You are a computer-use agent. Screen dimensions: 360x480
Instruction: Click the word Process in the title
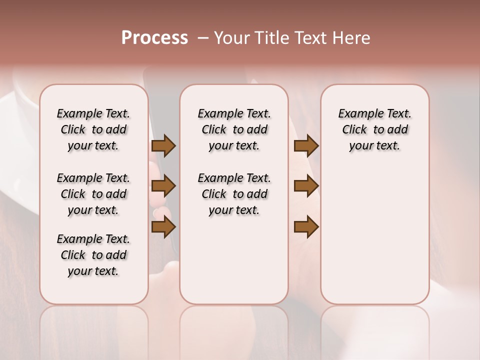tap(154, 38)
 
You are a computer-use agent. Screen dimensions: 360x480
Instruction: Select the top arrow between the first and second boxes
tap(163, 145)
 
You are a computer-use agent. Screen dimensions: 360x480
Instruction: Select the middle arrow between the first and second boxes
tap(163, 186)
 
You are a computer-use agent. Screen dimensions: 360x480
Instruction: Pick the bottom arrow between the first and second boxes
tap(163, 227)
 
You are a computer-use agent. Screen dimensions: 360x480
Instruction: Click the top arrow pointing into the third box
tap(306, 145)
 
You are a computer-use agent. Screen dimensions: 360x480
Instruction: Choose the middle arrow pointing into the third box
tap(306, 186)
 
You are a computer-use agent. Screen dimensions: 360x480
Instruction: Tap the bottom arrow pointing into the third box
tap(306, 227)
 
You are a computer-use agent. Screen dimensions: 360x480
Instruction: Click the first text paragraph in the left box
tap(93, 129)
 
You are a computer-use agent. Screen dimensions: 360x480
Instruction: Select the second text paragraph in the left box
tap(93, 194)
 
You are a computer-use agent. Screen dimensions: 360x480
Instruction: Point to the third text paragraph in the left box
tap(93, 255)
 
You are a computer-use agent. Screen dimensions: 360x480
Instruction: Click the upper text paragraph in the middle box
tap(234, 129)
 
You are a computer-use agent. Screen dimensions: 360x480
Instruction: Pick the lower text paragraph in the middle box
tap(234, 194)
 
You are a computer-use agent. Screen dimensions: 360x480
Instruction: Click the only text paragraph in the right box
tap(374, 129)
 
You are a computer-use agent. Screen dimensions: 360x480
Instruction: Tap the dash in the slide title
tap(203, 38)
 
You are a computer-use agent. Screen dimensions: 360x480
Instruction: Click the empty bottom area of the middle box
tap(234, 265)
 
